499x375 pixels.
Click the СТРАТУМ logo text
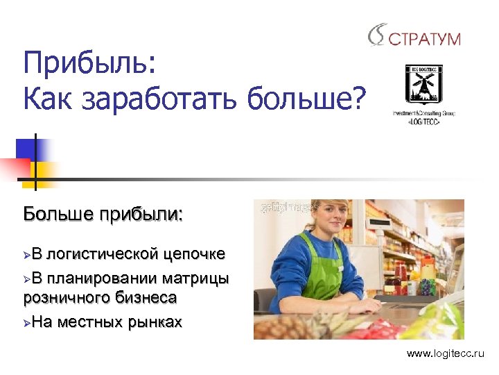(424, 38)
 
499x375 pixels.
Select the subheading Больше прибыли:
(103, 212)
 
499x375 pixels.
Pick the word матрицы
(195, 279)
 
